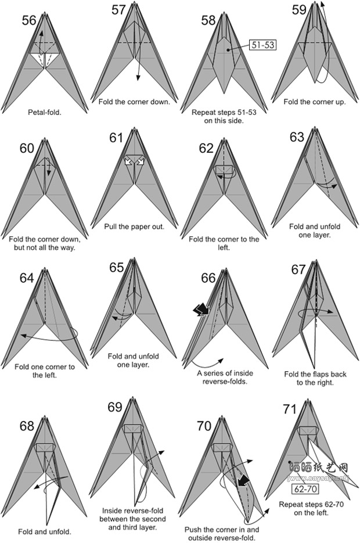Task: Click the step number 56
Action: click(x=28, y=20)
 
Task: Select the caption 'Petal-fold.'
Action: click(x=45, y=112)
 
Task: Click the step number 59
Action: click(x=299, y=10)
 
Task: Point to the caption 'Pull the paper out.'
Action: click(x=134, y=227)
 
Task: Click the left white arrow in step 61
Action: click(x=129, y=161)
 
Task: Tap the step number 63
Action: click(x=297, y=137)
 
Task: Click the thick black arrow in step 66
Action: click(x=201, y=309)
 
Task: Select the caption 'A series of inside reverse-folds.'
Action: click(x=225, y=377)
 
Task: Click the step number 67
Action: click(x=298, y=269)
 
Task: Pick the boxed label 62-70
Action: click(x=305, y=490)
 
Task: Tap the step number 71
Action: click(x=290, y=409)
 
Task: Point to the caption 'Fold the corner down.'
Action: click(x=134, y=102)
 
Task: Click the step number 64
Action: click(x=27, y=278)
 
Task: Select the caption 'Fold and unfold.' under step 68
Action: click(x=45, y=531)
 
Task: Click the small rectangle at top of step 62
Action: click(x=224, y=170)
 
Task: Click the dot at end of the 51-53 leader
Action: click(x=228, y=50)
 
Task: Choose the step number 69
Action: click(x=116, y=407)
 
